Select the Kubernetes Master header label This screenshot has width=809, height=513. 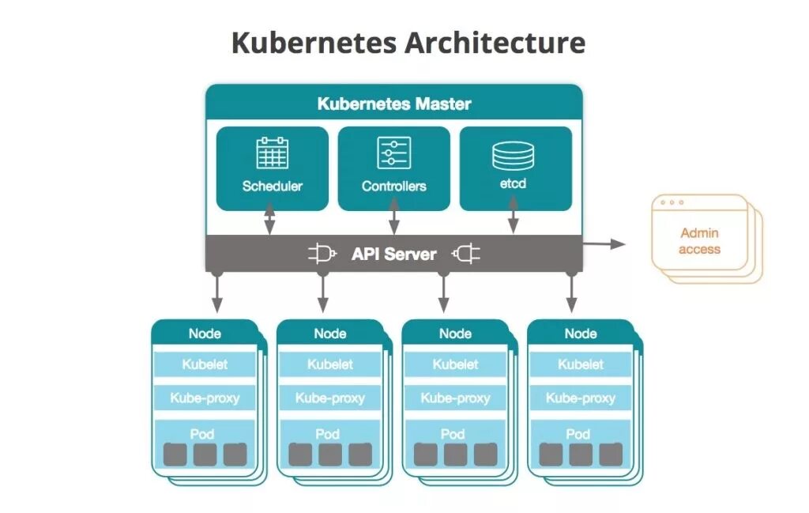coord(394,104)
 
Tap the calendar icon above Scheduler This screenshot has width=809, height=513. coord(273,153)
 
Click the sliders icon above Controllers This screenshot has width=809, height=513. coord(394,153)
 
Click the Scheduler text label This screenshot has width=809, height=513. coord(273,187)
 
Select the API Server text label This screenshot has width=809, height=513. coord(394,255)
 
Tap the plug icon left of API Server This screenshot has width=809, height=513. coord(322,254)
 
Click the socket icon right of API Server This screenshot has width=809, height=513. coord(466,254)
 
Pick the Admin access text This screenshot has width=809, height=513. coord(700,241)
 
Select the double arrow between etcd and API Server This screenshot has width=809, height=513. coord(514,213)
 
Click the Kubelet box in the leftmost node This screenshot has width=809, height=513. coord(205,364)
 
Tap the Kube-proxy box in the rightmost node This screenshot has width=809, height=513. coord(580,398)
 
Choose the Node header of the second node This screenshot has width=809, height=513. coord(330,334)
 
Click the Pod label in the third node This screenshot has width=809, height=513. coord(453,434)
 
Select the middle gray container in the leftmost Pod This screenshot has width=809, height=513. coord(205,455)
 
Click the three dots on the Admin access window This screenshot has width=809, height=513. coord(672,202)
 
